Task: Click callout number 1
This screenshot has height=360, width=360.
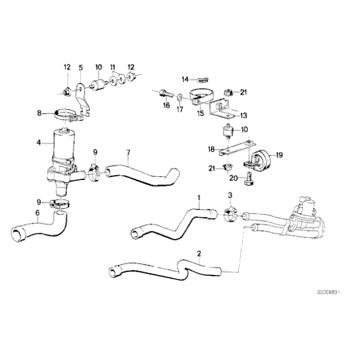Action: (199, 199)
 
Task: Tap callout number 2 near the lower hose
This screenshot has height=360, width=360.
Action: (199, 253)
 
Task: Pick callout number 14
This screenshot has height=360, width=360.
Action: (185, 79)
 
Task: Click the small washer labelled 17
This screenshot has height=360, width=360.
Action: (179, 97)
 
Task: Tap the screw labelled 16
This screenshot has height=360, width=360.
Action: (164, 94)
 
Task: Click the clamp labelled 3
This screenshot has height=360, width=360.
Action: (228, 214)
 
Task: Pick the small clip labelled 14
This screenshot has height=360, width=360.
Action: (202, 79)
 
